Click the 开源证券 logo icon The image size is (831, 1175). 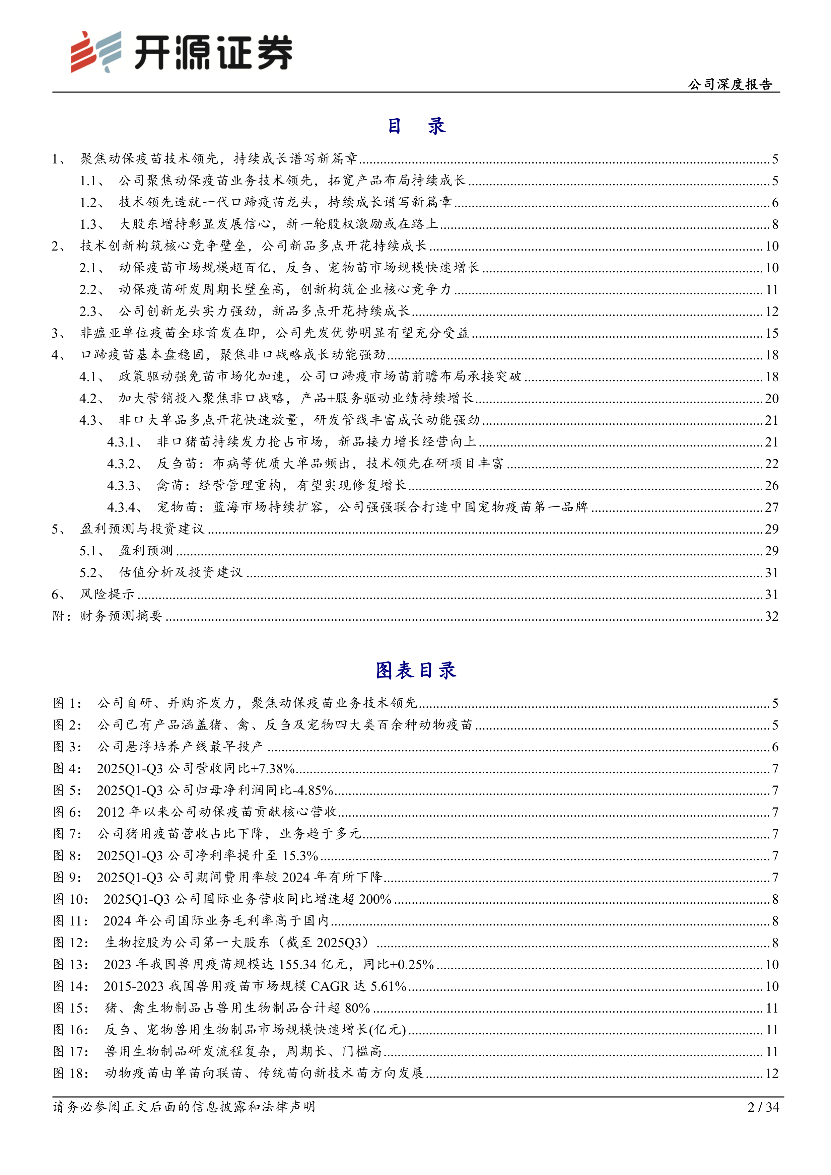(96, 52)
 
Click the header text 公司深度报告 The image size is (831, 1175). (730, 84)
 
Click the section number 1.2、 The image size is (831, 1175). (92, 203)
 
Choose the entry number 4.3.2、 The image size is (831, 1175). (124, 464)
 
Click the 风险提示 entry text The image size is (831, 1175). (108, 594)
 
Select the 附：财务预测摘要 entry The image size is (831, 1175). (108, 616)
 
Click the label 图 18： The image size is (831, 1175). (71, 1073)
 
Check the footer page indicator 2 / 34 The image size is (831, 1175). (763, 1107)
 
